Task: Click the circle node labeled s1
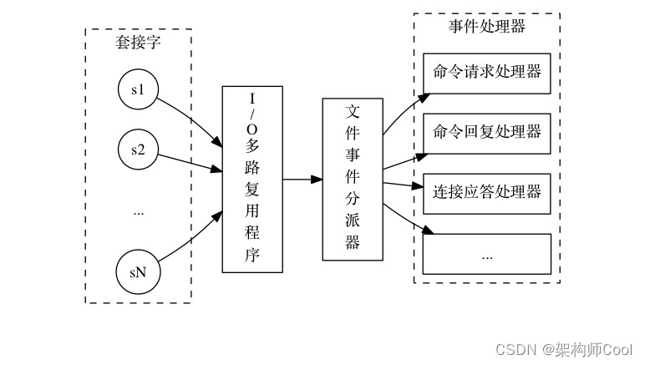pos(139,90)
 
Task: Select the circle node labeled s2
pos(139,150)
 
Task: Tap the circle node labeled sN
pos(139,272)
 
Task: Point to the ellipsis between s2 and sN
pos(139,212)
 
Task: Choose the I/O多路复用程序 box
pos(252,179)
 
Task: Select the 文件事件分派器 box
pos(353,179)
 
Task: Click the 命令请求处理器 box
pos(487,72)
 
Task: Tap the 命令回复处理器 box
pos(487,132)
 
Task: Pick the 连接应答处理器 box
pos(487,192)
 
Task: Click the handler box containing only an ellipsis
pos(487,254)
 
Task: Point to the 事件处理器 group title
pos(487,27)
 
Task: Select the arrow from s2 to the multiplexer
pos(190,163)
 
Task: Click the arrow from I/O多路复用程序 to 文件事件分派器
pos(302,179)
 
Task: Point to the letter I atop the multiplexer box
pos(252,99)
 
